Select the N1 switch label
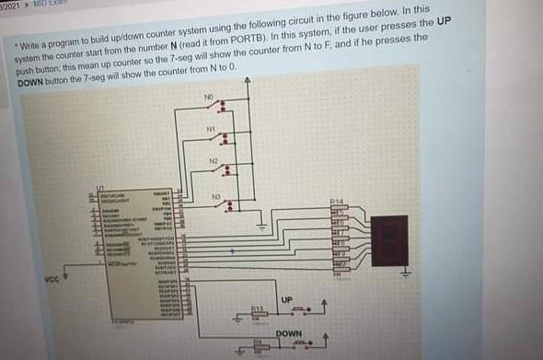212,128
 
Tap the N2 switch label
212,162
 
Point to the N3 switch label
214,197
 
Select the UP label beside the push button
285,300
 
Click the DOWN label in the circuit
289,332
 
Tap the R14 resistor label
336,201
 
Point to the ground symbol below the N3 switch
261,223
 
